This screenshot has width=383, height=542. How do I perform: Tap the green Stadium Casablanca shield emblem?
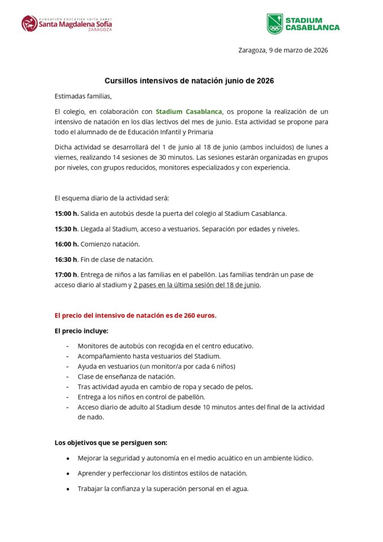pos(275,24)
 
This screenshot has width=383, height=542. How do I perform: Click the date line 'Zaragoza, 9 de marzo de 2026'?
pos(283,50)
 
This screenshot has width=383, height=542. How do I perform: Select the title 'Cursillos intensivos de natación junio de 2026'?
pos(189,81)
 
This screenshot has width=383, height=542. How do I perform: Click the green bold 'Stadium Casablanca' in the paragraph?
pos(188,112)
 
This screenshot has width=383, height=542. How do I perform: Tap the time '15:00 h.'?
pos(67,213)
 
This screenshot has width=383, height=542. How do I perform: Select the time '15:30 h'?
pos(66,229)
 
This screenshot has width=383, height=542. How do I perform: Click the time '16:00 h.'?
pos(67,244)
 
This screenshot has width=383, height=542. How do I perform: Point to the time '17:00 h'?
pos(66,275)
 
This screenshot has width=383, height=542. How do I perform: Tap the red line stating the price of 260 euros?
pos(135,315)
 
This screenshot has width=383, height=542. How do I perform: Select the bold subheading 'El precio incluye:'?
pos(81,331)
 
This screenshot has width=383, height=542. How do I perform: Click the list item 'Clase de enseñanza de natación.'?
pos(126,376)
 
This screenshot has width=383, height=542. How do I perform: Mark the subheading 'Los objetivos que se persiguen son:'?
pos(111,442)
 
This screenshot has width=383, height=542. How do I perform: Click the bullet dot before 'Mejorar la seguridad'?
pos(68,458)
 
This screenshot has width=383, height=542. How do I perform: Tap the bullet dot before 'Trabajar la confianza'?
pos(68,489)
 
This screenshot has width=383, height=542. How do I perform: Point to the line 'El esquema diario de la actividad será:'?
pos(112,198)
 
